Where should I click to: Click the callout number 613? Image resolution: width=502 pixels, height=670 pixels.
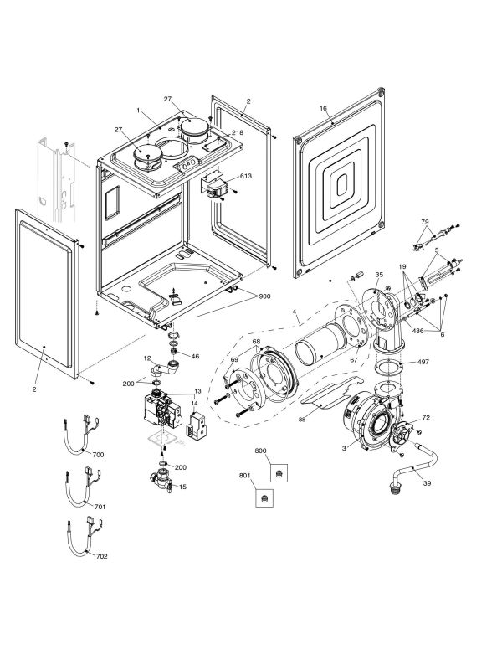244,177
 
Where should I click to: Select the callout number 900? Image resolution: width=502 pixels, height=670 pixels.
264,296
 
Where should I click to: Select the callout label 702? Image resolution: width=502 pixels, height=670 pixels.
100,555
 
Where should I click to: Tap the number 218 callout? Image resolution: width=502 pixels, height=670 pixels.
238,133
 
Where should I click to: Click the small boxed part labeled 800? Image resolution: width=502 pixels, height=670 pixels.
280,472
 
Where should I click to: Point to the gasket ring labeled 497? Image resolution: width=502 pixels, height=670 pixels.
384,368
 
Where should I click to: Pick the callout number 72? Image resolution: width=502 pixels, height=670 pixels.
425,416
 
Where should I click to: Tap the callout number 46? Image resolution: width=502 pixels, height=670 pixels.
196,356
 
